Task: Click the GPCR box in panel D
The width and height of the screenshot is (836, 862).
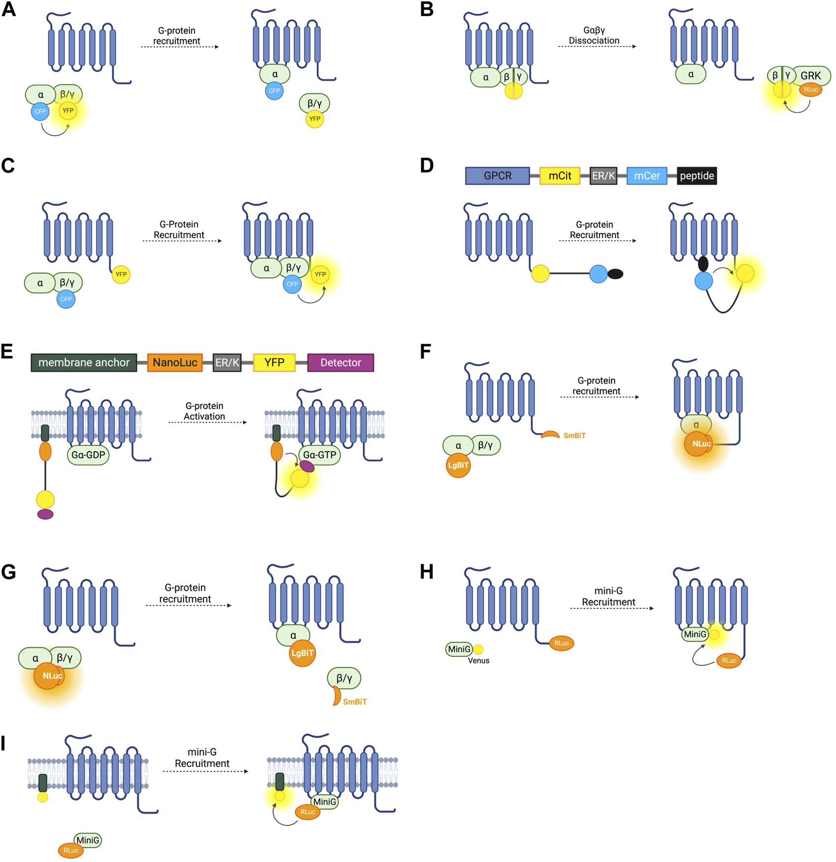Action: tap(497, 176)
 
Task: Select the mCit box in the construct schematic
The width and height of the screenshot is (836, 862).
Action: tap(559, 176)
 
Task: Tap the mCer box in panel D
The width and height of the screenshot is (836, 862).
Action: tap(647, 176)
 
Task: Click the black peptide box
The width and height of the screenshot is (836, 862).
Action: tap(696, 176)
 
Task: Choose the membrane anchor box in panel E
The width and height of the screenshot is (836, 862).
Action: tap(84, 363)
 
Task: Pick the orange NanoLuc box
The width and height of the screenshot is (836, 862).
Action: tap(175, 363)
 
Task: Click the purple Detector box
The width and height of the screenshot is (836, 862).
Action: tap(341, 363)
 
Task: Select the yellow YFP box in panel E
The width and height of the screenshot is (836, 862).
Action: tap(274, 363)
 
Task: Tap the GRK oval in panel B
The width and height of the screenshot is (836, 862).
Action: tap(810, 76)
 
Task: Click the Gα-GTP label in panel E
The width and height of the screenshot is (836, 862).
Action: tap(320, 455)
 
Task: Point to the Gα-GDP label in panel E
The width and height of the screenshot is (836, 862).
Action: tap(88, 455)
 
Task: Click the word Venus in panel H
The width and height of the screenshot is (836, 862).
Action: tap(478, 660)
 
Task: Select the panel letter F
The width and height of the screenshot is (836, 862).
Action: tap(426, 352)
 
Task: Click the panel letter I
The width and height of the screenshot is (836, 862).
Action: tap(4, 743)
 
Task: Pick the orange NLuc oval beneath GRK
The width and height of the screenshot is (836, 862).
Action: tap(810, 90)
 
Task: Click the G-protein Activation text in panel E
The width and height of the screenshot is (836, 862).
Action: tap(204, 411)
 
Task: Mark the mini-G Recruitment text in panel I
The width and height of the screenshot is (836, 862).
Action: tap(202, 758)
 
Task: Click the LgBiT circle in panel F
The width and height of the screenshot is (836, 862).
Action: tap(458, 465)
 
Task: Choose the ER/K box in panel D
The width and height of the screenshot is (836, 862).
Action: tap(603, 176)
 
